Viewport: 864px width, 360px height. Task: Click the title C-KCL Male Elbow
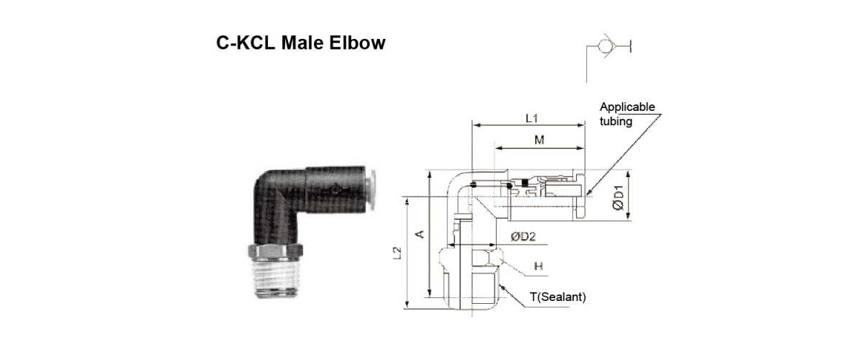300,42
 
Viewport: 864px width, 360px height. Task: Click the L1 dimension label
531,118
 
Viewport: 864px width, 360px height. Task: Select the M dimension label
539,140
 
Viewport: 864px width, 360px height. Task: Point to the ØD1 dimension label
618,197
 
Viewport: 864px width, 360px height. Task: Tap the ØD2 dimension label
523,236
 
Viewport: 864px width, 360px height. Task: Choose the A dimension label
420,234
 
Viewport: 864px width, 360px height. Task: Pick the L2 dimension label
397,253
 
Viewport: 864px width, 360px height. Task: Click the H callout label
539,266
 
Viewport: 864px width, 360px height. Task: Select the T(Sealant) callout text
558,297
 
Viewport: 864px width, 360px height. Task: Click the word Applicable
627,107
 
